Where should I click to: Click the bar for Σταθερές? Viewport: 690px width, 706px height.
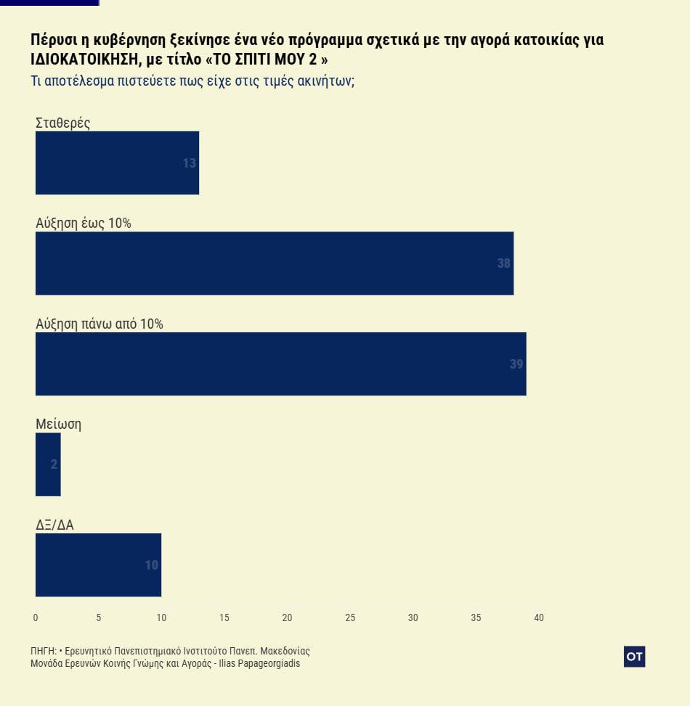coord(117,163)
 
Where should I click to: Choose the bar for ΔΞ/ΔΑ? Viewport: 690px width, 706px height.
coord(98,565)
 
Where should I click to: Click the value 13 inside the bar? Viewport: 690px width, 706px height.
coord(190,163)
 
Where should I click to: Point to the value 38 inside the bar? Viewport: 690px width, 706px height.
coord(504,263)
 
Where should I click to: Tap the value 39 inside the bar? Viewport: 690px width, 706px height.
coord(516,364)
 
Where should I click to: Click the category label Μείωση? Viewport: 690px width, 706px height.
coord(58,424)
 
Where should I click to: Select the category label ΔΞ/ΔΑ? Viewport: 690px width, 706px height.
coord(54,525)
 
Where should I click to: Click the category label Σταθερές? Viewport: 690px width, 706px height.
coord(62,123)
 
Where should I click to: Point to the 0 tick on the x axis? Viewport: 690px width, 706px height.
coord(36,617)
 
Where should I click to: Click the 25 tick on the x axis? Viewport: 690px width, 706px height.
coord(350,617)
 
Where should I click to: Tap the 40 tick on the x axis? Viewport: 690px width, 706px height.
coord(539,617)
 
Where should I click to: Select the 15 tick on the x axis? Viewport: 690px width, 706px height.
coord(224,617)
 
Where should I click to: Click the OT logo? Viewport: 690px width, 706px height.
coord(634,656)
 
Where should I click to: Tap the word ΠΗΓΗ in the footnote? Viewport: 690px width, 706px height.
coord(42,651)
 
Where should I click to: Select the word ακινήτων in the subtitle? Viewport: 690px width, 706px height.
coord(323,81)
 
